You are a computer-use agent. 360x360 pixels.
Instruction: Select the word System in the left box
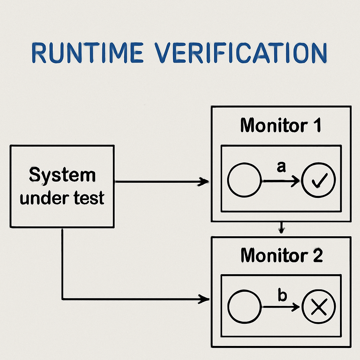[62, 175]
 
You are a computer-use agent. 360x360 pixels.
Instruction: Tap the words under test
[62, 198]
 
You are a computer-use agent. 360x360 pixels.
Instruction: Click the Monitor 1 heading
[281, 126]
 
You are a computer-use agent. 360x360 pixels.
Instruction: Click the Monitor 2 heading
[281, 256]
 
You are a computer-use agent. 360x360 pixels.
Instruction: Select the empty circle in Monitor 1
[244, 180]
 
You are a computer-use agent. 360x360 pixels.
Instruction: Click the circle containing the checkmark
[319, 180]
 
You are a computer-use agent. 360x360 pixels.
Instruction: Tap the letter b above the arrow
[282, 296]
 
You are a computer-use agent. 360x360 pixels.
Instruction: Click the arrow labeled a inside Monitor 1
[281, 181]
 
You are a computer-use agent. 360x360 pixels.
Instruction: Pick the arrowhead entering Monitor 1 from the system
[204, 182]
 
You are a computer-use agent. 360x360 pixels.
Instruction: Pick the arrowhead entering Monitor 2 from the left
[204, 299]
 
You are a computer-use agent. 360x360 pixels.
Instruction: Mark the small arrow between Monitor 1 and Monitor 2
[281, 229]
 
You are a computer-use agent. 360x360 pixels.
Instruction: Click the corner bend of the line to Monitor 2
[63, 299]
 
